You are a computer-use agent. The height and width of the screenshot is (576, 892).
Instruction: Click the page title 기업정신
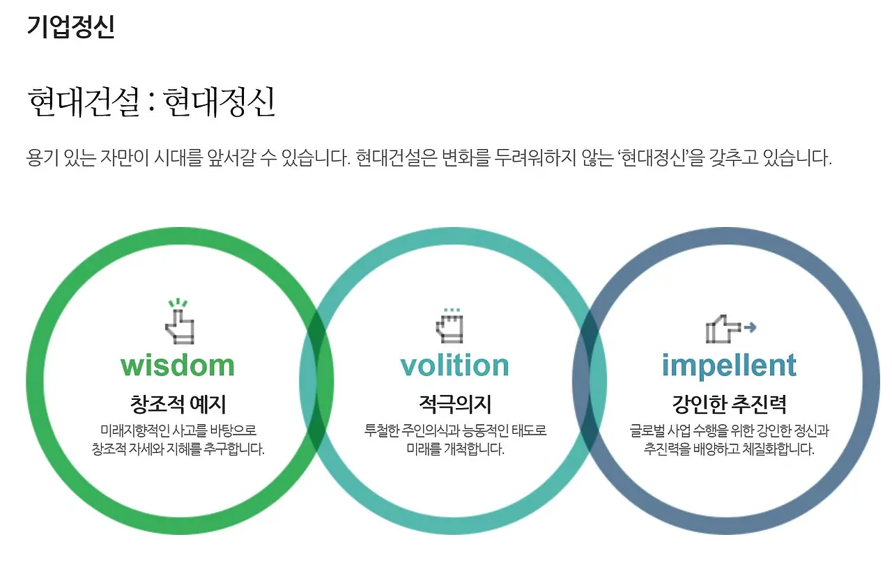tap(70, 26)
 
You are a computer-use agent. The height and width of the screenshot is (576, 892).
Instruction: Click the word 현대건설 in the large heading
tap(84, 102)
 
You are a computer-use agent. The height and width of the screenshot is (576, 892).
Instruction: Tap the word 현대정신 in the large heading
tap(220, 102)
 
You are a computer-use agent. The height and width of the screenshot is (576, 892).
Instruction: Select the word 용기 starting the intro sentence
tap(40, 158)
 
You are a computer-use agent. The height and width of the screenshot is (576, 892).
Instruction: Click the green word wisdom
tap(178, 366)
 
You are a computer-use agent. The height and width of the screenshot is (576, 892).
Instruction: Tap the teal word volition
tap(454, 366)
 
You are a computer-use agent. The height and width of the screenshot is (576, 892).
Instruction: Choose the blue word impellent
tap(728, 366)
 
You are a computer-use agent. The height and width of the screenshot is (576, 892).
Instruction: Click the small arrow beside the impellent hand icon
tap(750, 326)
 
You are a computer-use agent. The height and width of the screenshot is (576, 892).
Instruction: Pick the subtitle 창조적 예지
tap(178, 404)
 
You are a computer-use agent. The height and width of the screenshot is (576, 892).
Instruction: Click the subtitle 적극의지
tap(454, 404)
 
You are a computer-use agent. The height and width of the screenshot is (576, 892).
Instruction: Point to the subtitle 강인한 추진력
tap(729, 404)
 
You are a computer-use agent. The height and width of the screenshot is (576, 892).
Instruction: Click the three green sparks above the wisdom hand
tap(178, 304)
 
